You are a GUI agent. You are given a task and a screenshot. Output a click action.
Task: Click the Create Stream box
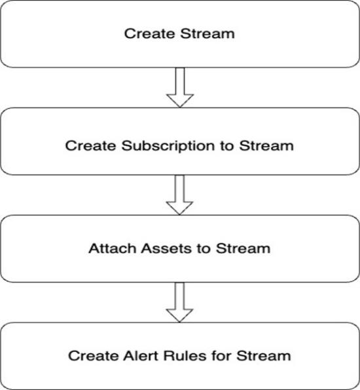click(179, 34)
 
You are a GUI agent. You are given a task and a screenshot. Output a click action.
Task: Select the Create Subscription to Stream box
click(179, 141)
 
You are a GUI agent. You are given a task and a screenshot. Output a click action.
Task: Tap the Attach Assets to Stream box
click(179, 249)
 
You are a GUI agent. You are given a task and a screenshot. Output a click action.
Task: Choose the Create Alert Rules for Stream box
click(179, 356)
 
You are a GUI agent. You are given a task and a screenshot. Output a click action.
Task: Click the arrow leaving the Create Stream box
click(180, 88)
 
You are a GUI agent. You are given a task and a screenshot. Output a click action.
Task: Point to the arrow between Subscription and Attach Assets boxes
click(179, 195)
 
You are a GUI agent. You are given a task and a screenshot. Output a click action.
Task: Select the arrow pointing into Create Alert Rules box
click(179, 302)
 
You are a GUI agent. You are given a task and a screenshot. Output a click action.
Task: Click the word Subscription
click(168, 147)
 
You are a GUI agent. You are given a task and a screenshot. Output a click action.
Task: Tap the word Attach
click(112, 248)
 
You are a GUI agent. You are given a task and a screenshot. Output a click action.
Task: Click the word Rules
click(185, 356)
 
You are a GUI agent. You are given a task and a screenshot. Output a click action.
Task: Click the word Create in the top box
click(149, 33)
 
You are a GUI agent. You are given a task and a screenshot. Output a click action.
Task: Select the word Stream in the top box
click(207, 33)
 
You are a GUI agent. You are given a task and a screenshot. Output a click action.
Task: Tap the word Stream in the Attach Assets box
click(243, 248)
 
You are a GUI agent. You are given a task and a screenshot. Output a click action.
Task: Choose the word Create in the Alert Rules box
click(93, 356)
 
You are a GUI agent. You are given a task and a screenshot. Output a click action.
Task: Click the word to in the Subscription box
click(227, 146)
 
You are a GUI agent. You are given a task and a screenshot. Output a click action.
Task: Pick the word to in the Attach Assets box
click(204, 249)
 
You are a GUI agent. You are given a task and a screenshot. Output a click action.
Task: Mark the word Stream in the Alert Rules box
click(264, 356)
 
